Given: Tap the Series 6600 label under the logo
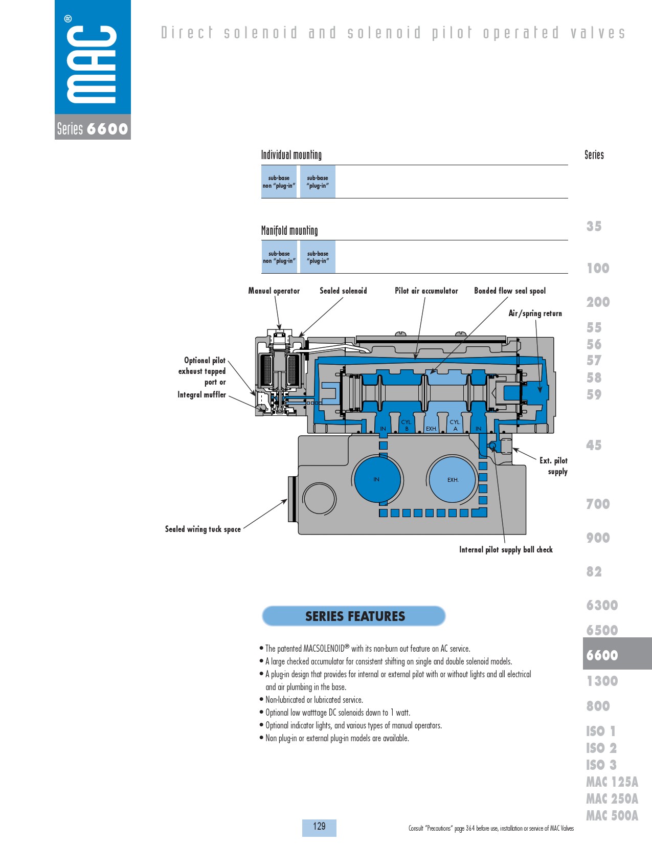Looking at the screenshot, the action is [93, 128].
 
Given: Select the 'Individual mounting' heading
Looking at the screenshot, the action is [291, 155].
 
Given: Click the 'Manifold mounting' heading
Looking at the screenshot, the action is [289, 230].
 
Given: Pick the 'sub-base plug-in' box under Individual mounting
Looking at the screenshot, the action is [318, 182].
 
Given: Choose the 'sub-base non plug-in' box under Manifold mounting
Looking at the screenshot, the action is [279, 257].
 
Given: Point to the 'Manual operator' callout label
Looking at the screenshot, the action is [274, 291].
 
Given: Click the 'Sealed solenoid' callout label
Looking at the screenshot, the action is [343, 291].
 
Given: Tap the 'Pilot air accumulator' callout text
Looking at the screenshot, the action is [426, 291].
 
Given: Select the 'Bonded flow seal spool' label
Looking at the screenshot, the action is [510, 291].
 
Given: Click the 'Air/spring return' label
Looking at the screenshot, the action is [535, 314].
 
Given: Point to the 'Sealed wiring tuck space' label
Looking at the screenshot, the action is [203, 529].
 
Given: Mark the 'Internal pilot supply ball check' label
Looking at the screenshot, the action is [506, 549].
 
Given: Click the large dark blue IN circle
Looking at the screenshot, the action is [377, 480].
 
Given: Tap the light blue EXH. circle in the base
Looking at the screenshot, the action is [453, 480].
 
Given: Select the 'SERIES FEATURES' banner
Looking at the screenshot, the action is [354, 616].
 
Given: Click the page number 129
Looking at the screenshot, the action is [319, 826].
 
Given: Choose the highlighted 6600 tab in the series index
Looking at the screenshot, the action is [617, 655].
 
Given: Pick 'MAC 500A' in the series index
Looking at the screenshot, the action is [612, 816].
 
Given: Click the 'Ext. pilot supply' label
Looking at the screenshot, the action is [553, 466].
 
